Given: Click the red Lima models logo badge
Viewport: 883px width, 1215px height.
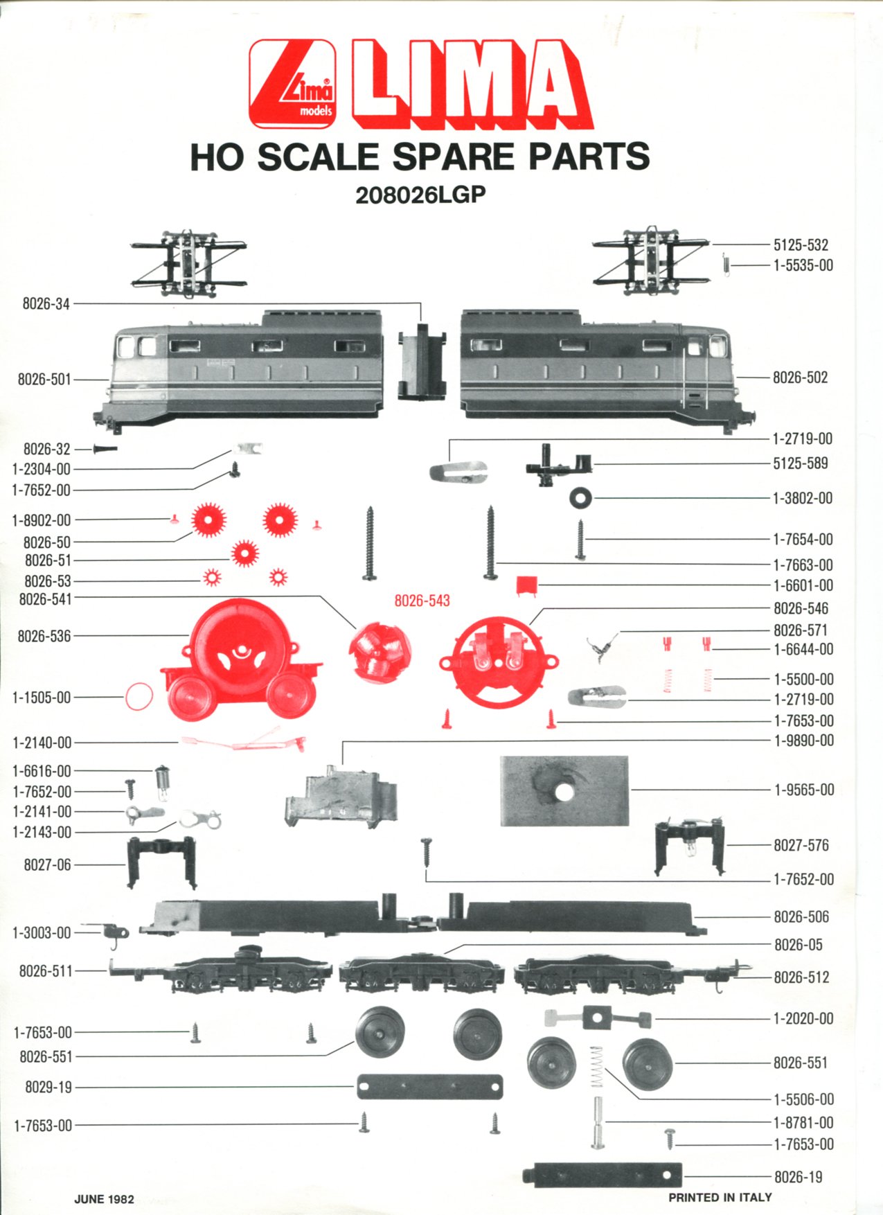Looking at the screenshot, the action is coord(292,84).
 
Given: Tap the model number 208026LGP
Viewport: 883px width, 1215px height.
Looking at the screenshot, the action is coord(420,195).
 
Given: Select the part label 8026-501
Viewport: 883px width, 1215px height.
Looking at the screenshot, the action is coord(44,379).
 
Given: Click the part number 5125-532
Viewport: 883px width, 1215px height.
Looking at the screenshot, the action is coord(801,245).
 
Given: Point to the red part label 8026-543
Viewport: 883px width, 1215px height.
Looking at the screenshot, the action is coord(422,601).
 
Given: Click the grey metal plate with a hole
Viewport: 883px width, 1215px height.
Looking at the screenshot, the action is coord(564,790).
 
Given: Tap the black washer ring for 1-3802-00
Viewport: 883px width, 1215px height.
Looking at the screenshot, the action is coord(580,497).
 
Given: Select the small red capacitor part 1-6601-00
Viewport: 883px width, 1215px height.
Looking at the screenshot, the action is coord(526,585).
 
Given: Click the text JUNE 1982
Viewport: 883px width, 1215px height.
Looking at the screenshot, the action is coord(104,1199).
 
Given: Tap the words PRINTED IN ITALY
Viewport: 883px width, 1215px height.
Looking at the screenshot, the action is coord(720,1197).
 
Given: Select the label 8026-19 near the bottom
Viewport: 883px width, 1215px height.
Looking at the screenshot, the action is coord(798,1177).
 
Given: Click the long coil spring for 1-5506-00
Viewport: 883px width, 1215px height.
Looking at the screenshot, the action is coord(596,1067).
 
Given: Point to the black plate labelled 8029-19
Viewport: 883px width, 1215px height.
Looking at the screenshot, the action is coord(429,1087).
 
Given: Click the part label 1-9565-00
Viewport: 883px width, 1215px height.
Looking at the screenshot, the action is coord(804,790).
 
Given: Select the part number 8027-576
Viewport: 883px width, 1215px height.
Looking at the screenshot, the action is coord(801,845).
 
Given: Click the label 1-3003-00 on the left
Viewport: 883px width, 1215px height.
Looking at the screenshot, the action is coord(42,933).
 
